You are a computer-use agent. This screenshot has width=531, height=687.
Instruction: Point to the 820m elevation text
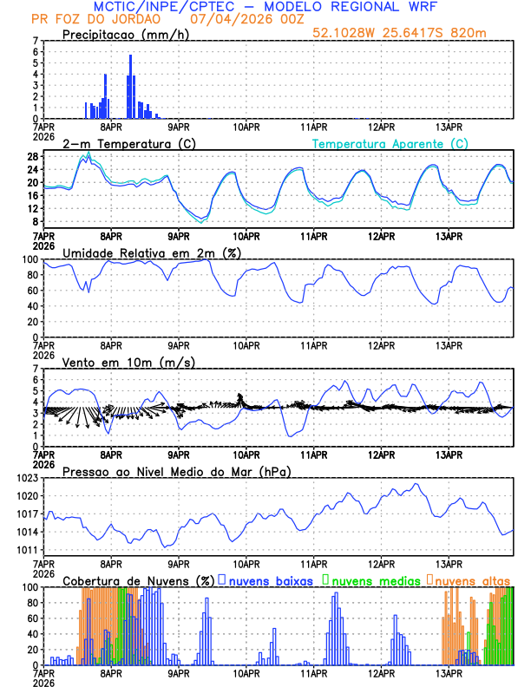[494, 32]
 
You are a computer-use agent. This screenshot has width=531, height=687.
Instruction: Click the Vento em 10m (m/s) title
[128, 362]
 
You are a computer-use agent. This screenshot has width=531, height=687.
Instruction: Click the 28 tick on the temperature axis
[32, 157]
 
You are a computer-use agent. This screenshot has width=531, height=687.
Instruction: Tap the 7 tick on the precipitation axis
[35, 41]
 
